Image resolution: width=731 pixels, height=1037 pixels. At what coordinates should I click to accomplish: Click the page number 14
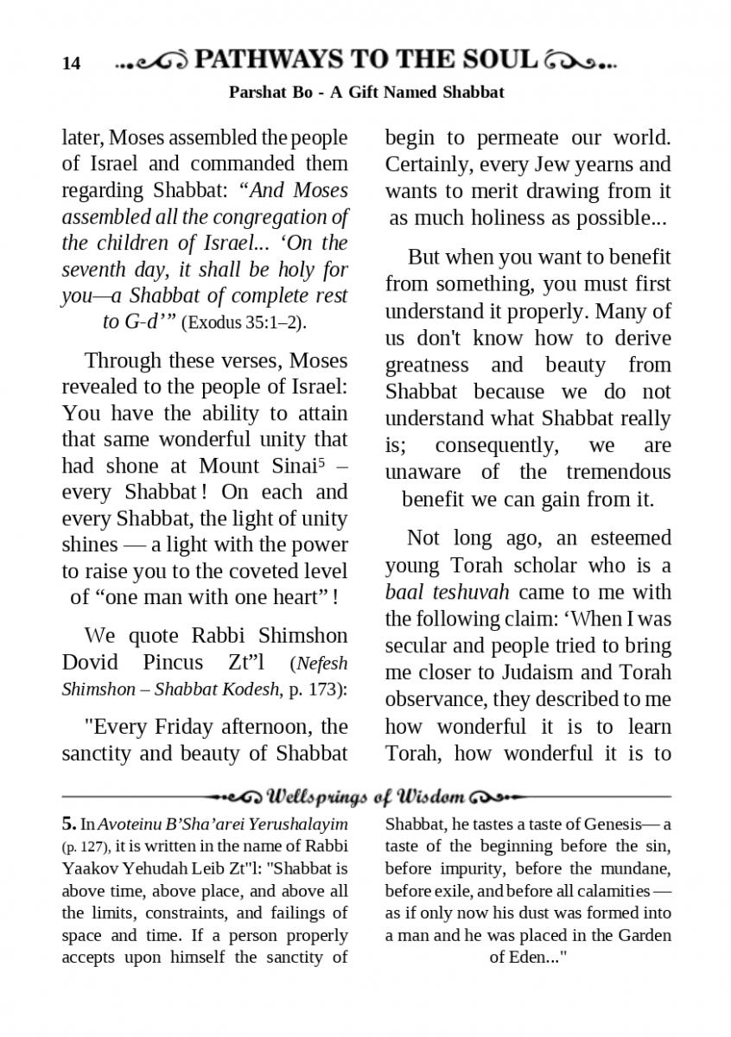click(71, 63)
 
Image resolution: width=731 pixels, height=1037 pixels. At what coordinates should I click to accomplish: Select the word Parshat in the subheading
click(255, 92)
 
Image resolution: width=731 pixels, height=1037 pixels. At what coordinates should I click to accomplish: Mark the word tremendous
click(619, 473)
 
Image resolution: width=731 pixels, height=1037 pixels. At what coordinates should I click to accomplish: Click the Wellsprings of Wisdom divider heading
click(366, 796)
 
